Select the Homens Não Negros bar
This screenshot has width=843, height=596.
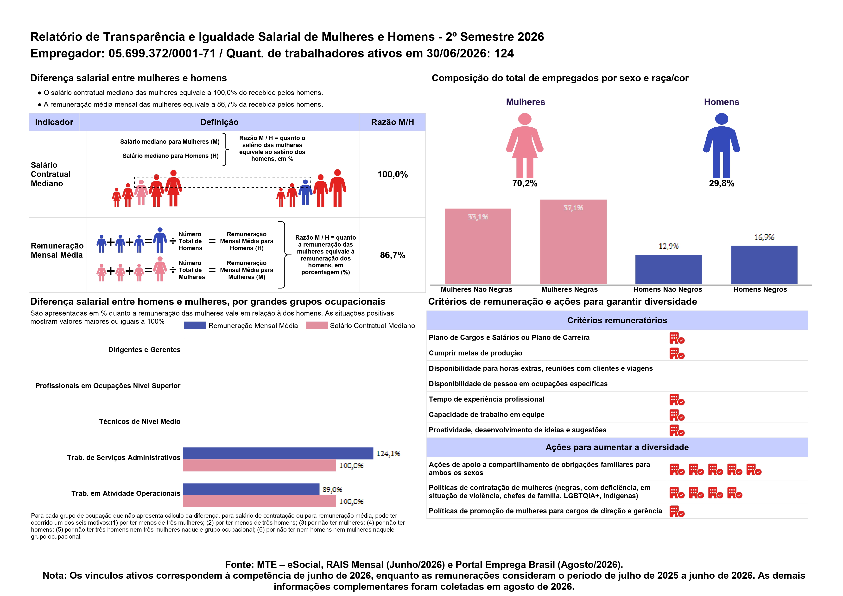click(669, 269)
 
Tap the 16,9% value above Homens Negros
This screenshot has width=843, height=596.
click(764, 237)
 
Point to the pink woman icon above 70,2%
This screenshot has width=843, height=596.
click(525, 145)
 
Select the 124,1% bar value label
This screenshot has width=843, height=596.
click(388, 453)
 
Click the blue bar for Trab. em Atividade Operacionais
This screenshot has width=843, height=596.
click(251, 489)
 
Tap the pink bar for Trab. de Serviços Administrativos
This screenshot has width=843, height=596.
click(259, 465)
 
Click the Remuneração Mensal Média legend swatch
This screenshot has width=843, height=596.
click(195, 326)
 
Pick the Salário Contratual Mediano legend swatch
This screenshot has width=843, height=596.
click(317, 326)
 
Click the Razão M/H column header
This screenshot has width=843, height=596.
click(392, 122)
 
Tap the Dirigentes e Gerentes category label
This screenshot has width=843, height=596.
click(144, 350)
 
